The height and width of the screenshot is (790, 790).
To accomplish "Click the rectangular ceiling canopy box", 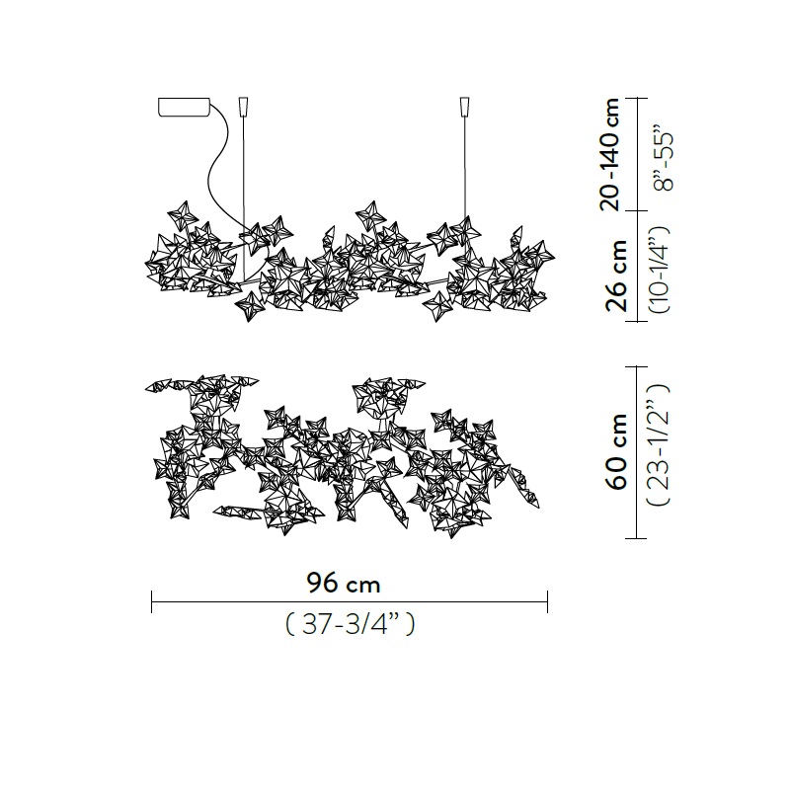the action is [184, 107].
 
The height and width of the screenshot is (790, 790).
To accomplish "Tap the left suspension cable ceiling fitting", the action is [243, 106].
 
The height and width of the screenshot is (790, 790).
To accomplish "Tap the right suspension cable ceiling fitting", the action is [465, 106].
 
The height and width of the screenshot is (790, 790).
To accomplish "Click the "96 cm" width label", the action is [343, 584].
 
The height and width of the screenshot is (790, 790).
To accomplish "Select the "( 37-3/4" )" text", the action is [351, 625].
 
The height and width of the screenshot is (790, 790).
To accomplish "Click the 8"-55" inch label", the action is [663, 162].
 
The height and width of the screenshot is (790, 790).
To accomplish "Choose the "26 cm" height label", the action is [616, 276].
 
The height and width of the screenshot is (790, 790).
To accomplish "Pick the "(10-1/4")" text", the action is [661, 270].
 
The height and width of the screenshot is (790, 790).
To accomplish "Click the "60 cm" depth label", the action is [616, 451].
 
